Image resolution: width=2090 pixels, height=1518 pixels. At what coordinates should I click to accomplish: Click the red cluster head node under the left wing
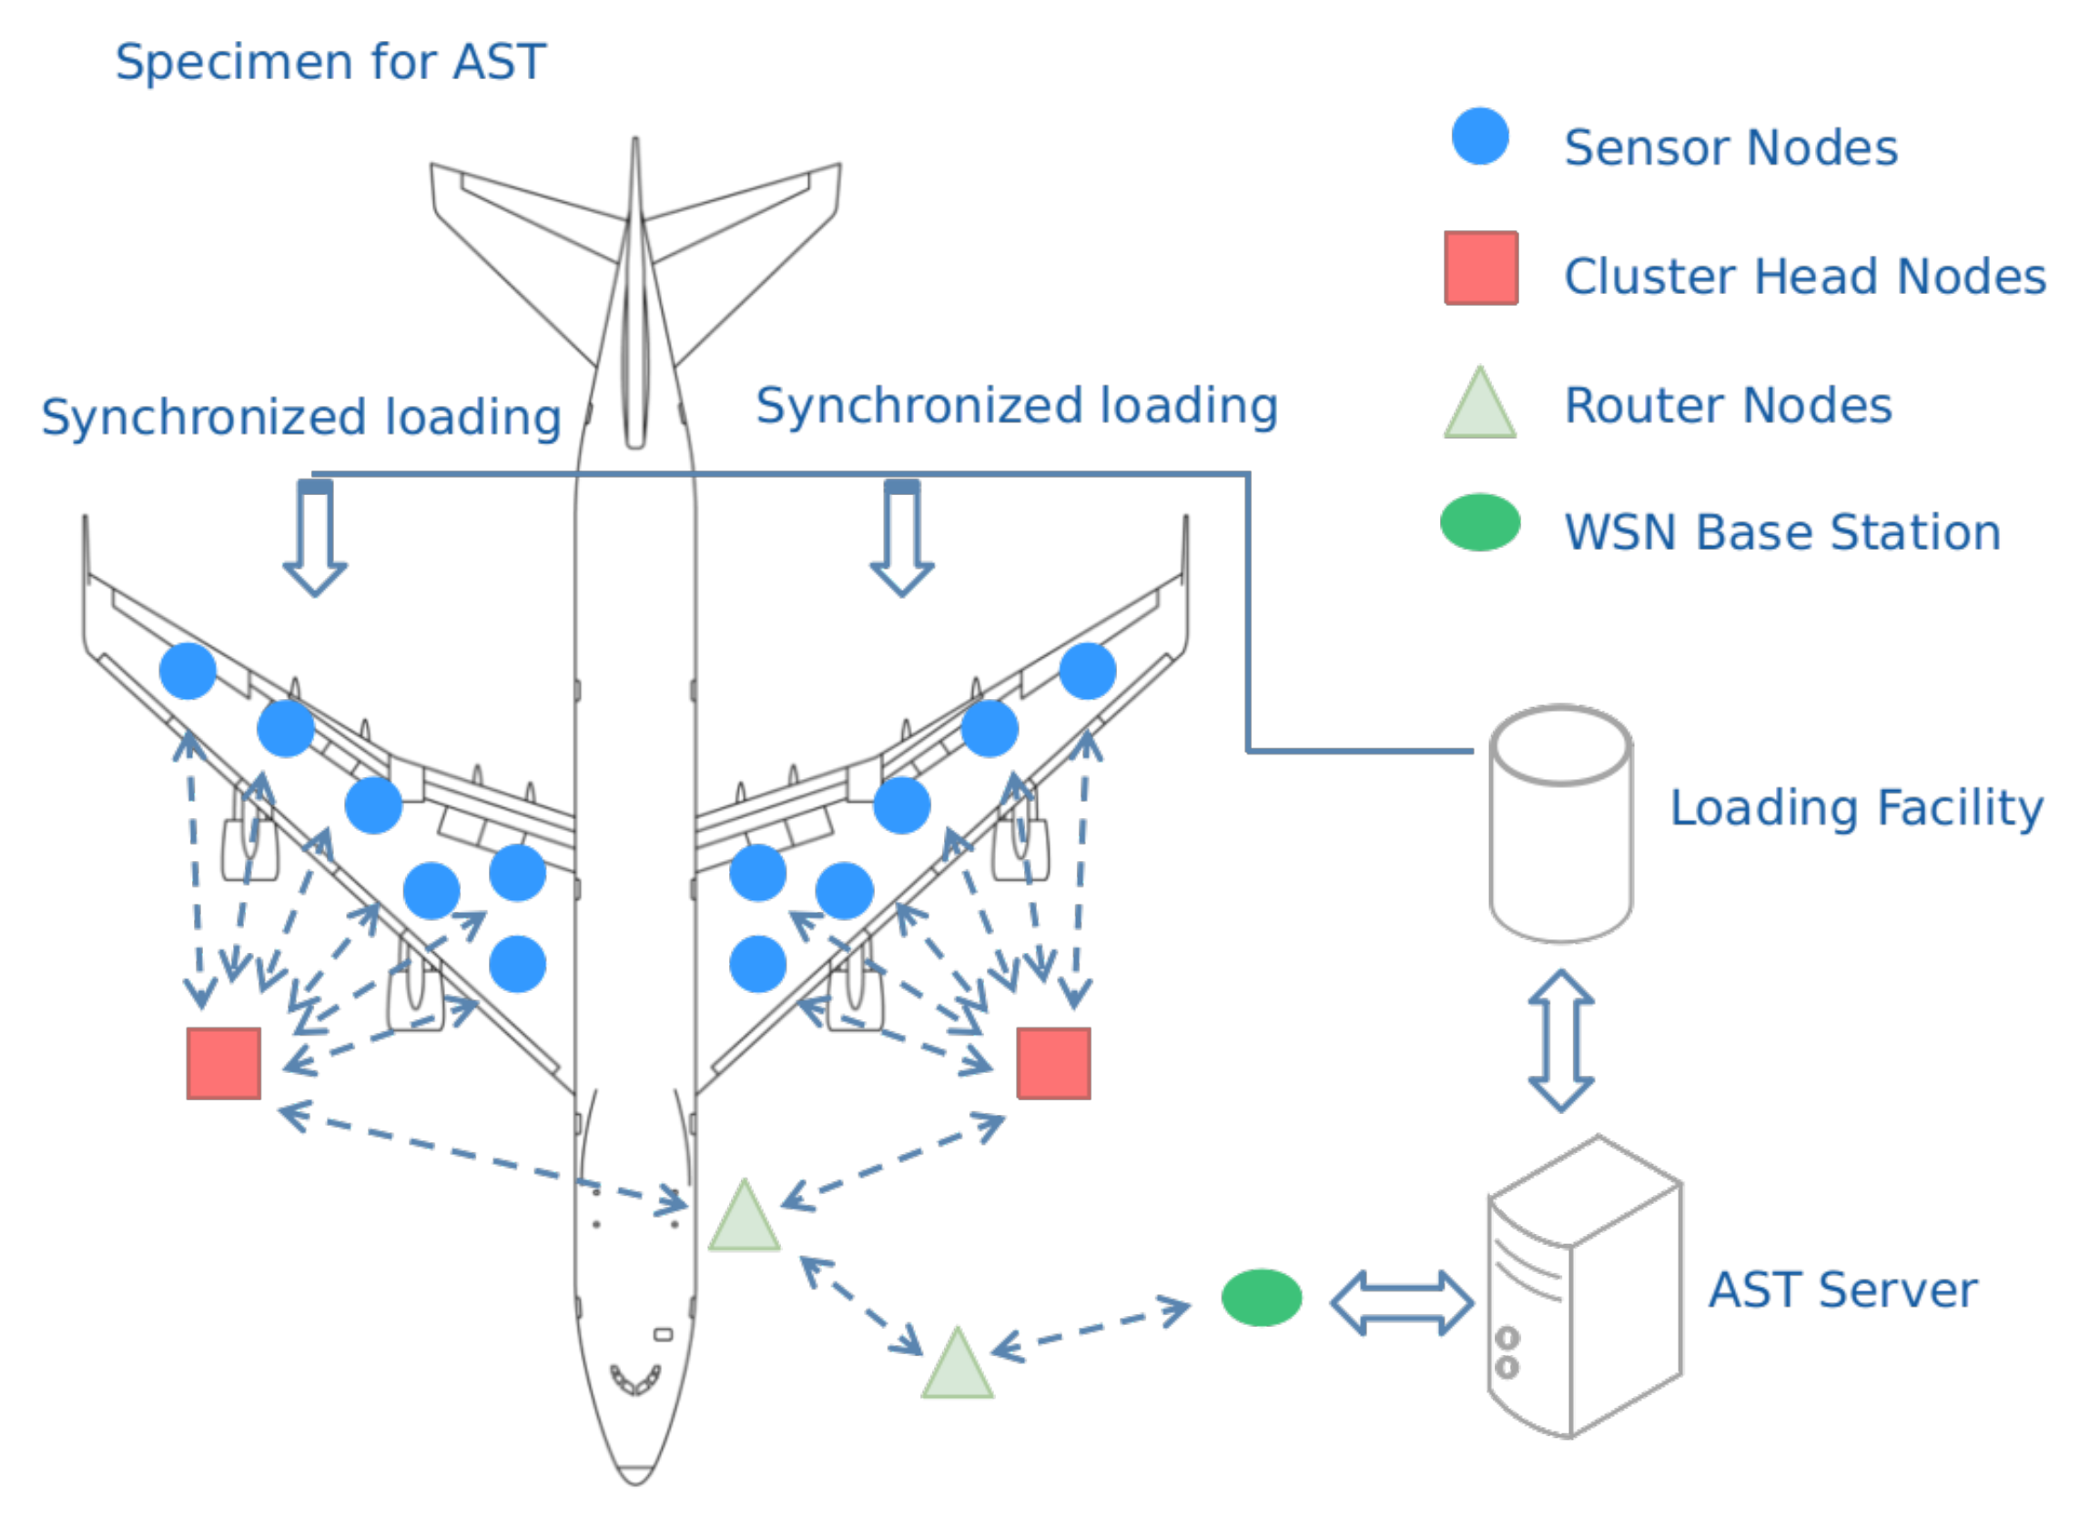224,1064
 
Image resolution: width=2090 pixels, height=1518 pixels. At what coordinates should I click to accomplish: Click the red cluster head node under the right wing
1053,1064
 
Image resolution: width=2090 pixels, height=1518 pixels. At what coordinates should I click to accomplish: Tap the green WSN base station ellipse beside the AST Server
1262,1298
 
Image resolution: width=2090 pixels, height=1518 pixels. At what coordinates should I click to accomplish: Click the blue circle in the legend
1480,137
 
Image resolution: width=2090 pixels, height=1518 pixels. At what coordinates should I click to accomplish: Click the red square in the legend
1481,268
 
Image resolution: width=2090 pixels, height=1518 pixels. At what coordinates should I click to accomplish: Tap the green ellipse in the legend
1480,523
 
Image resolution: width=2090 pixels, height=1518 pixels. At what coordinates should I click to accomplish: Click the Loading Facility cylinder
1561,825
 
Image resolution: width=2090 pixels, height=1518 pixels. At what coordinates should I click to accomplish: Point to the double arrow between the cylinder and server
1561,1041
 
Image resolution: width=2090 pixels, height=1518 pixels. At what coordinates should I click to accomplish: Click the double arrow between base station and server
1402,1303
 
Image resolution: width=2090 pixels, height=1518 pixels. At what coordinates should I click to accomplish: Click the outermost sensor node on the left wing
188,672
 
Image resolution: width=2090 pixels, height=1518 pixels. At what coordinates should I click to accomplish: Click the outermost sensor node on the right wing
1088,672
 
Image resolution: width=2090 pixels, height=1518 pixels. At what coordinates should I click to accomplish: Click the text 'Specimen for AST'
330,63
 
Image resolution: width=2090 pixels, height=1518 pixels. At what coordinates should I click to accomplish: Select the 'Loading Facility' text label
1857,808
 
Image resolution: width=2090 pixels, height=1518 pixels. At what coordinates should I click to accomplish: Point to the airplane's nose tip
635,1482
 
